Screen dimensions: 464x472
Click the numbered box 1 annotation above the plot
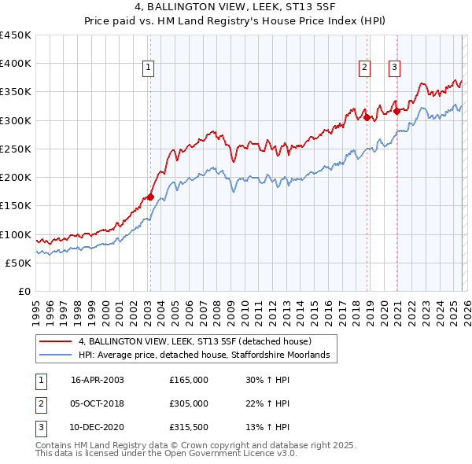coord(149,68)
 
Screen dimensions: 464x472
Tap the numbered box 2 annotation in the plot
coord(365,68)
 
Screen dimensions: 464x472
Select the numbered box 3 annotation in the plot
coord(393,68)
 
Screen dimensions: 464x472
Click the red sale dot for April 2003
coord(149,197)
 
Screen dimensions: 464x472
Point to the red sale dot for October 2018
coord(367,117)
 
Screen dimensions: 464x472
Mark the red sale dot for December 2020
coord(397,111)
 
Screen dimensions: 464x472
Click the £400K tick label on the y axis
coord(16,64)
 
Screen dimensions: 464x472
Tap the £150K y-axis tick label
coord(16,206)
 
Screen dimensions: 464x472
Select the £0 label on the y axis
coord(24,292)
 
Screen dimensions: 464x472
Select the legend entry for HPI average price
coord(208,355)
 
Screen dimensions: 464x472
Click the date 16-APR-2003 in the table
coord(97,379)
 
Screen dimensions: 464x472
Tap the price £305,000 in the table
coord(189,403)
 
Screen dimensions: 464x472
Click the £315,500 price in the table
coord(189,428)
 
